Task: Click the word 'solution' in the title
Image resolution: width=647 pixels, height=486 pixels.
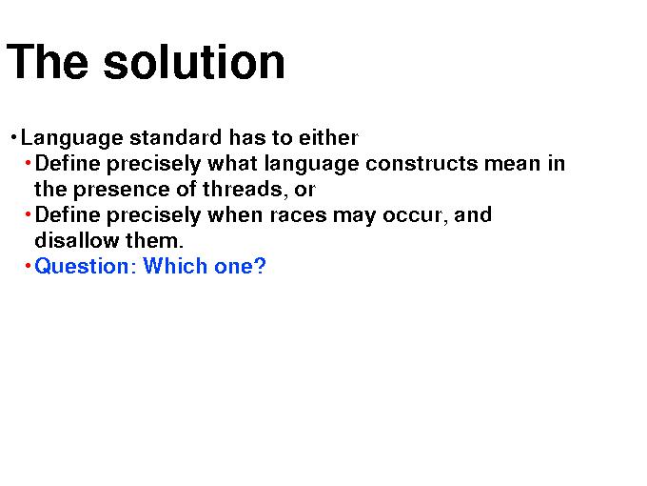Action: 194,62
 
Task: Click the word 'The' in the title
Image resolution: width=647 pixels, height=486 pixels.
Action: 48,62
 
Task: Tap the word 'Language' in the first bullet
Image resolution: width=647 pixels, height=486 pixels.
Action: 71,138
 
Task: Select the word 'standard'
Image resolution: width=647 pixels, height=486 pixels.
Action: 176,137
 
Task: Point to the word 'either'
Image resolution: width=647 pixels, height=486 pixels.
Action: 328,137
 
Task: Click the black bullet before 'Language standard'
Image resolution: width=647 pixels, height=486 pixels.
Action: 13,137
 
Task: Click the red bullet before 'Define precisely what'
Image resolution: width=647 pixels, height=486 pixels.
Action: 28,163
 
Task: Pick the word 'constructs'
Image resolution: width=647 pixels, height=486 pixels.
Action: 422,164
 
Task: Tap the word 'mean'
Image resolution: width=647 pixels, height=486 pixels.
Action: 512,165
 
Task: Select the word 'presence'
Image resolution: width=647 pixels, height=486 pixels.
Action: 122,191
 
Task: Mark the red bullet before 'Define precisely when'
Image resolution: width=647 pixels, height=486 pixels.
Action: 28,214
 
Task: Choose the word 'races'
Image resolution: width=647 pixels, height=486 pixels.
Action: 299,216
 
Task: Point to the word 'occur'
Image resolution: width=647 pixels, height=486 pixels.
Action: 415,216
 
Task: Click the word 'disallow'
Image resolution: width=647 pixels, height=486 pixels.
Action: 77,240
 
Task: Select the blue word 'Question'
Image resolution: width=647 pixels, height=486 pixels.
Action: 82,267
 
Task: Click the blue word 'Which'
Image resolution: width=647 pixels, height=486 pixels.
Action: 175,266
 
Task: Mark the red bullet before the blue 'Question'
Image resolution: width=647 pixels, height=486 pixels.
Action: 28,266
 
